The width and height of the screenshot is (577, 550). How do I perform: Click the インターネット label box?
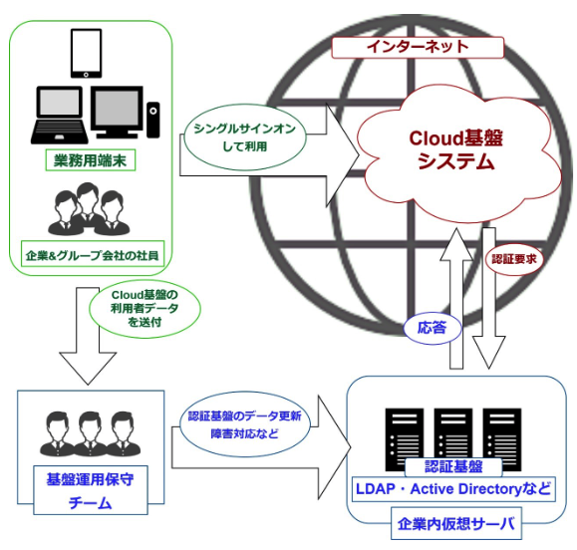pyautogui.click(x=418, y=48)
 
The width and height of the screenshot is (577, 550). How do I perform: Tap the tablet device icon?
pyautogui.click(x=86, y=54)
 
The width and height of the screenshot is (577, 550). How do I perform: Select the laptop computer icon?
pyautogui.click(x=60, y=115)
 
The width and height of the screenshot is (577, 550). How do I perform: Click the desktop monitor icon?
pyautogui.click(x=117, y=113)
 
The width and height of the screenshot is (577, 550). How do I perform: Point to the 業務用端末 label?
pyautogui.click(x=91, y=160)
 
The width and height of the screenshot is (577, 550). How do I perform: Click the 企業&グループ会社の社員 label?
pyautogui.click(x=93, y=255)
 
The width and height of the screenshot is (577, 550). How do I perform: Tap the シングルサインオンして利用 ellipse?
pyautogui.click(x=245, y=137)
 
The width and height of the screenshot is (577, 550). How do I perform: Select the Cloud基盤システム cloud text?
pyautogui.click(x=456, y=150)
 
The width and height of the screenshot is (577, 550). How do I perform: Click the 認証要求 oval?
pyautogui.click(x=514, y=259)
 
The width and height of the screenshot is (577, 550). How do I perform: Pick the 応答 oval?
pyautogui.click(x=433, y=328)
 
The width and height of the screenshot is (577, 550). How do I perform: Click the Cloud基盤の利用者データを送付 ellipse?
pyautogui.click(x=144, y=308)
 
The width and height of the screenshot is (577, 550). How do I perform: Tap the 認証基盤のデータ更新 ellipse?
pyautogui.click(x=245, y=424)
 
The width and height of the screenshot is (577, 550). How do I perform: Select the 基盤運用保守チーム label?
pyautogui.click(x=91, y=490)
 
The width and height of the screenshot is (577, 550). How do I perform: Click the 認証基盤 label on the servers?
pyautogui.click(x=453, y=467)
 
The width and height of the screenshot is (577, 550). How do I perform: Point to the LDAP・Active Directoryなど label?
pyautogui.click(x=453, y=489)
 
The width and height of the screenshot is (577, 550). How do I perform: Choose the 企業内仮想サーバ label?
pyautogui.click(x=456, y=523)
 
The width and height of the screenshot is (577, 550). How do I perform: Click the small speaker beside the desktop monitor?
pyautogui.click(x=153, y=120)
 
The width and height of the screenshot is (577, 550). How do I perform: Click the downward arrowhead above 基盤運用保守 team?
pyautogui.click(x=88, y=369)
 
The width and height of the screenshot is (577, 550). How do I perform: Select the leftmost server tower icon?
pyautogui.click(x=405, y=439)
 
